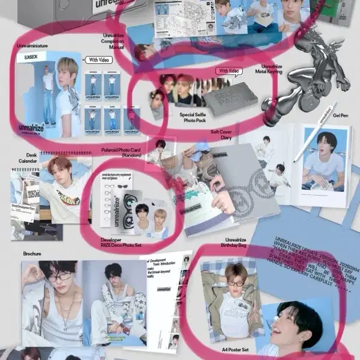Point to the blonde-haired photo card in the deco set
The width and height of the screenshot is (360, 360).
(158, 219)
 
